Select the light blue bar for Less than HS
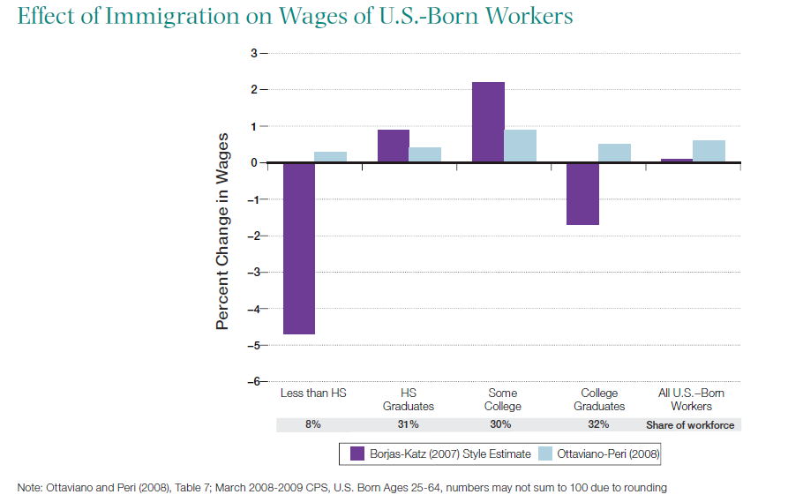click(x=330, y=157)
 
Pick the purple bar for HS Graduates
click(x=394, y=146)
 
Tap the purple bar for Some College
click(x=488, y=123)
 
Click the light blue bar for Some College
click(x=520, y=146)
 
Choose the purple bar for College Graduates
click(x=582, y=194)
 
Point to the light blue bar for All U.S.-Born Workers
click(x=709, y=152)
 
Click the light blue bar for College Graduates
click(x=614, y=154)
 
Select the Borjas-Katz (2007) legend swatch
click(x=357, y=454)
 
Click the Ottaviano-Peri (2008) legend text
click(x=608, y=454)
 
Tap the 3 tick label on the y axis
click(x=254, y=54)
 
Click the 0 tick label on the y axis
click(x=254, y=163)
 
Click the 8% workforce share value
click(x=313, y=424)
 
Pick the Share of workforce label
click(x=690, y=424)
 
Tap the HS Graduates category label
click(x=408, y=400)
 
